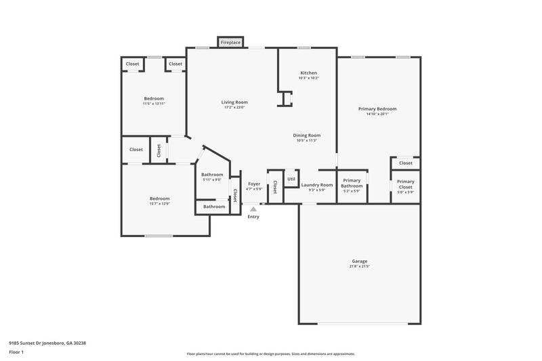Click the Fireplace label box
230,43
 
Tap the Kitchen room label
308,72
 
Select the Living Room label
234,102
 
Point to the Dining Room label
307,135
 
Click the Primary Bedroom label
377,108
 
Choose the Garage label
359,261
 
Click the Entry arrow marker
253,209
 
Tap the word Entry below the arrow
253,217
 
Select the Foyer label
254,184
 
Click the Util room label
291,179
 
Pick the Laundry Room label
317,184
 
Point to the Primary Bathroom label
352,183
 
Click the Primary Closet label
405,184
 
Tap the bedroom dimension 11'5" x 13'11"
154,104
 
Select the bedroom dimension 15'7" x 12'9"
159,204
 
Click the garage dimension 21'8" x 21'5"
359,266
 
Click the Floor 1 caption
17,353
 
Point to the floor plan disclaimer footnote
270,354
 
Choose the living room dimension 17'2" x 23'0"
234,108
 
